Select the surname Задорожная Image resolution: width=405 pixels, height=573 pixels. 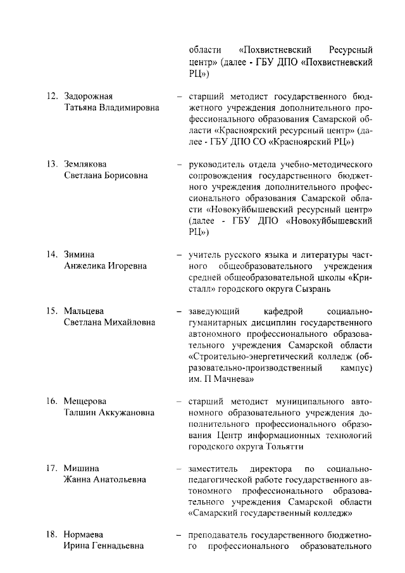click(x=88, y=96)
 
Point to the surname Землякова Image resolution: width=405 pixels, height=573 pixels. click(x=85, y=164)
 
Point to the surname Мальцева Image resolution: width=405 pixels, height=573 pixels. click(x=84, y=311)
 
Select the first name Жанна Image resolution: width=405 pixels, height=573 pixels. click(x=78, y=479)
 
